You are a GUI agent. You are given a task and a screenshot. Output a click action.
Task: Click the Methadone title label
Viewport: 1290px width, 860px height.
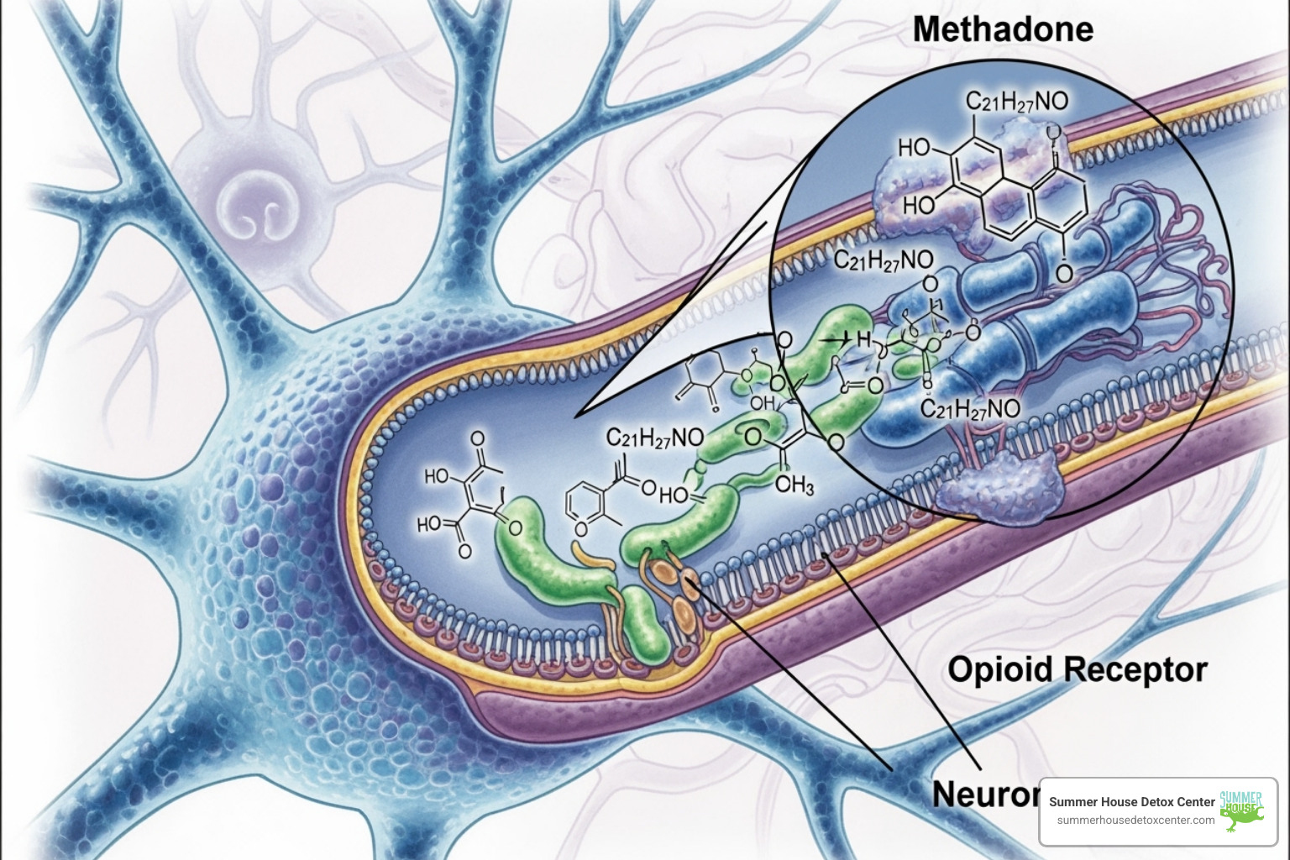(x=1003, y=30)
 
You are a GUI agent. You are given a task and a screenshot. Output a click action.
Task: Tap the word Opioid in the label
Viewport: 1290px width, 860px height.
(x=999, y=670)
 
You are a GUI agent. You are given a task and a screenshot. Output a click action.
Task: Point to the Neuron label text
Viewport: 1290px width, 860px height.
(x=984, y=794)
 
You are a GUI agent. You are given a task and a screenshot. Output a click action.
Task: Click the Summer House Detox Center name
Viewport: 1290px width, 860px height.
(x=1131, y=801)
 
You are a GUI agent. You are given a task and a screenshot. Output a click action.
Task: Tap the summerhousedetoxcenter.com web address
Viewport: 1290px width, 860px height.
(x=1135, y=820)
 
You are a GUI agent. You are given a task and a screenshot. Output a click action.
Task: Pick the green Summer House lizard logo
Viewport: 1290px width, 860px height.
(x=1241, y=810)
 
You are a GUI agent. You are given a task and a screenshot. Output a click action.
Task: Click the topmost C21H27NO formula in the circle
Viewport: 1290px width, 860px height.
(x=1016, y=102)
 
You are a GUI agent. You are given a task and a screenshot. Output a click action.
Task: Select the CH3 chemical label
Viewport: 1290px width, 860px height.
(x=794, y=485)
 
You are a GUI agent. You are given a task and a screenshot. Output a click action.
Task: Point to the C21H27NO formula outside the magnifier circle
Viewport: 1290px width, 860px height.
(x=655, y=438)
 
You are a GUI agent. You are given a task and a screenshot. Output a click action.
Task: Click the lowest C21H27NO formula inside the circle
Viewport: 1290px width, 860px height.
(x=970, y=409)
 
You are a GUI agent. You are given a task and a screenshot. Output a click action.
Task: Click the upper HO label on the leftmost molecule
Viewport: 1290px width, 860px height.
(x=437, y=477)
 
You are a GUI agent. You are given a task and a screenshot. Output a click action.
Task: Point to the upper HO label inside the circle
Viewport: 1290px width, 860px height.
(x=914, y=149)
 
